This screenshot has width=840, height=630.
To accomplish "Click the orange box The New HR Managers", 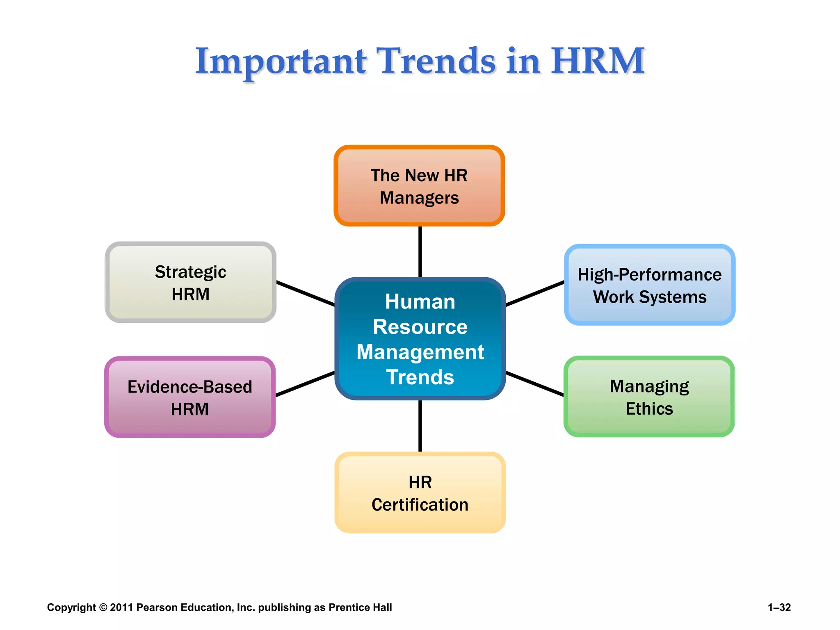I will click(419, 185).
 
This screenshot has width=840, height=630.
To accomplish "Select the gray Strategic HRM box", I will click(190, 283).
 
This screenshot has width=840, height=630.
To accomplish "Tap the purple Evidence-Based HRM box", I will click(189, 397).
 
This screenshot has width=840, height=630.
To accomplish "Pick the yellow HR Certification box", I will click(420, 493).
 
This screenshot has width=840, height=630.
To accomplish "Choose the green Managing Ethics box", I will click(649, 397).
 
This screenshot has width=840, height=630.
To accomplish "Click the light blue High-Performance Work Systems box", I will click(649, 285).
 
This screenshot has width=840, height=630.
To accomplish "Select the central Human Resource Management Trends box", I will click(420, 339).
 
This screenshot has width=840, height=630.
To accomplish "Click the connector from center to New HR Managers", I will click(420, 251).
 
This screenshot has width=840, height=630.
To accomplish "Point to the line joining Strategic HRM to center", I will click(306, 294).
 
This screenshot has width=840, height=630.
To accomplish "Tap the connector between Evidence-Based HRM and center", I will click(305, 384).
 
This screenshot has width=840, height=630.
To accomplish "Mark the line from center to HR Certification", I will click(420, 426).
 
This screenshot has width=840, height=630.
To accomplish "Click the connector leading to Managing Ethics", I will click(535, 384).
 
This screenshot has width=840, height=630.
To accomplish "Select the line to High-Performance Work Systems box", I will click(535, 294).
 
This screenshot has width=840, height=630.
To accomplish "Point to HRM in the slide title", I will click(597, 62).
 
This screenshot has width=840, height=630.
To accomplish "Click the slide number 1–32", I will click(779, 607).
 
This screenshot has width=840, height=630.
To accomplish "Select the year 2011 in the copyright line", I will click(121, 607).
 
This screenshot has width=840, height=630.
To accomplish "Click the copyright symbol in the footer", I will click(103, 607).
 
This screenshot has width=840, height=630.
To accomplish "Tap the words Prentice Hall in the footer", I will click(360, 607).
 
